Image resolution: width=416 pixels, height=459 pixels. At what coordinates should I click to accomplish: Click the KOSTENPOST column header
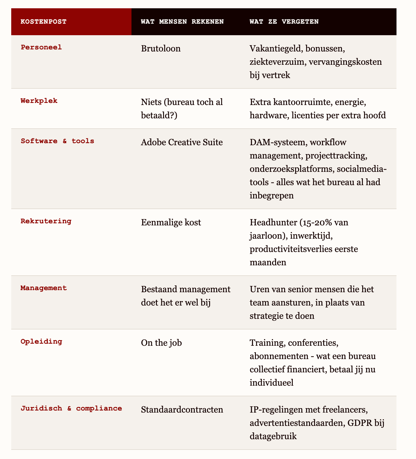click(43, 22)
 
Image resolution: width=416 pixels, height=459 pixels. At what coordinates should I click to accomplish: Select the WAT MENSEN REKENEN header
click(182, 22)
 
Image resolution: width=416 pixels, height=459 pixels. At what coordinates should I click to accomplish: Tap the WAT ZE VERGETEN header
click(284, 22)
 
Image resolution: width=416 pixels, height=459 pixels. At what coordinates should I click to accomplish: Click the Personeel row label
click(41, 47)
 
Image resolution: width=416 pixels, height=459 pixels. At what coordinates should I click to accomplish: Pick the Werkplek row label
click(39, 101)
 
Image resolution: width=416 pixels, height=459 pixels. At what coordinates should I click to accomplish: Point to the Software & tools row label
click(57, 141)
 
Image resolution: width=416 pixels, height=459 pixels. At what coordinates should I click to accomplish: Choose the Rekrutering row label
click(46, 221)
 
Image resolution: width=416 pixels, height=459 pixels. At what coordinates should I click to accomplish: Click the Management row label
click(44, 288)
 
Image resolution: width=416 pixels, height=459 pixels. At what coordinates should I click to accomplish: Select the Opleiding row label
click(41, 342)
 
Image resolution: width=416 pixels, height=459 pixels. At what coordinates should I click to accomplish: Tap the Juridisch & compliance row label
click(71, 408)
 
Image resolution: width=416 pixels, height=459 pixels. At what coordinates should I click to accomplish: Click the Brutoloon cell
click(161, 49)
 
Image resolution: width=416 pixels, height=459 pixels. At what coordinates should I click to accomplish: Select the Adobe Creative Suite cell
click(182, 142)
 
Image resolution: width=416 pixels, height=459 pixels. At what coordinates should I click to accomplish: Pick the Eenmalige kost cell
click(171, 222)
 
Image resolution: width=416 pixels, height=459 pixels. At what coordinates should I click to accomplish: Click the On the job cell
click(161, 343)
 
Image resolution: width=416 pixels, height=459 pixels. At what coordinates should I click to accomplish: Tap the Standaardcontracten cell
click(182, 410)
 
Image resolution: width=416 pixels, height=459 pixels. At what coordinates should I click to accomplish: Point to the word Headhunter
click(273, 222)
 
